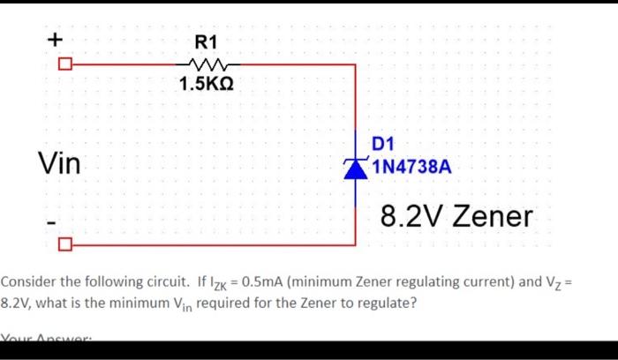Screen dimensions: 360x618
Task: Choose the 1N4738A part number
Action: [411, 167]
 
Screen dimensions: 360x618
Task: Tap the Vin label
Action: [58, 163]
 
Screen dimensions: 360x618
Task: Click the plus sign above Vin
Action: [55, 40]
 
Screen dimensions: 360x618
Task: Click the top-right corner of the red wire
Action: [355, 65]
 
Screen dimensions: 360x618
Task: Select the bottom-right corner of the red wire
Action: [355, 244]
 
